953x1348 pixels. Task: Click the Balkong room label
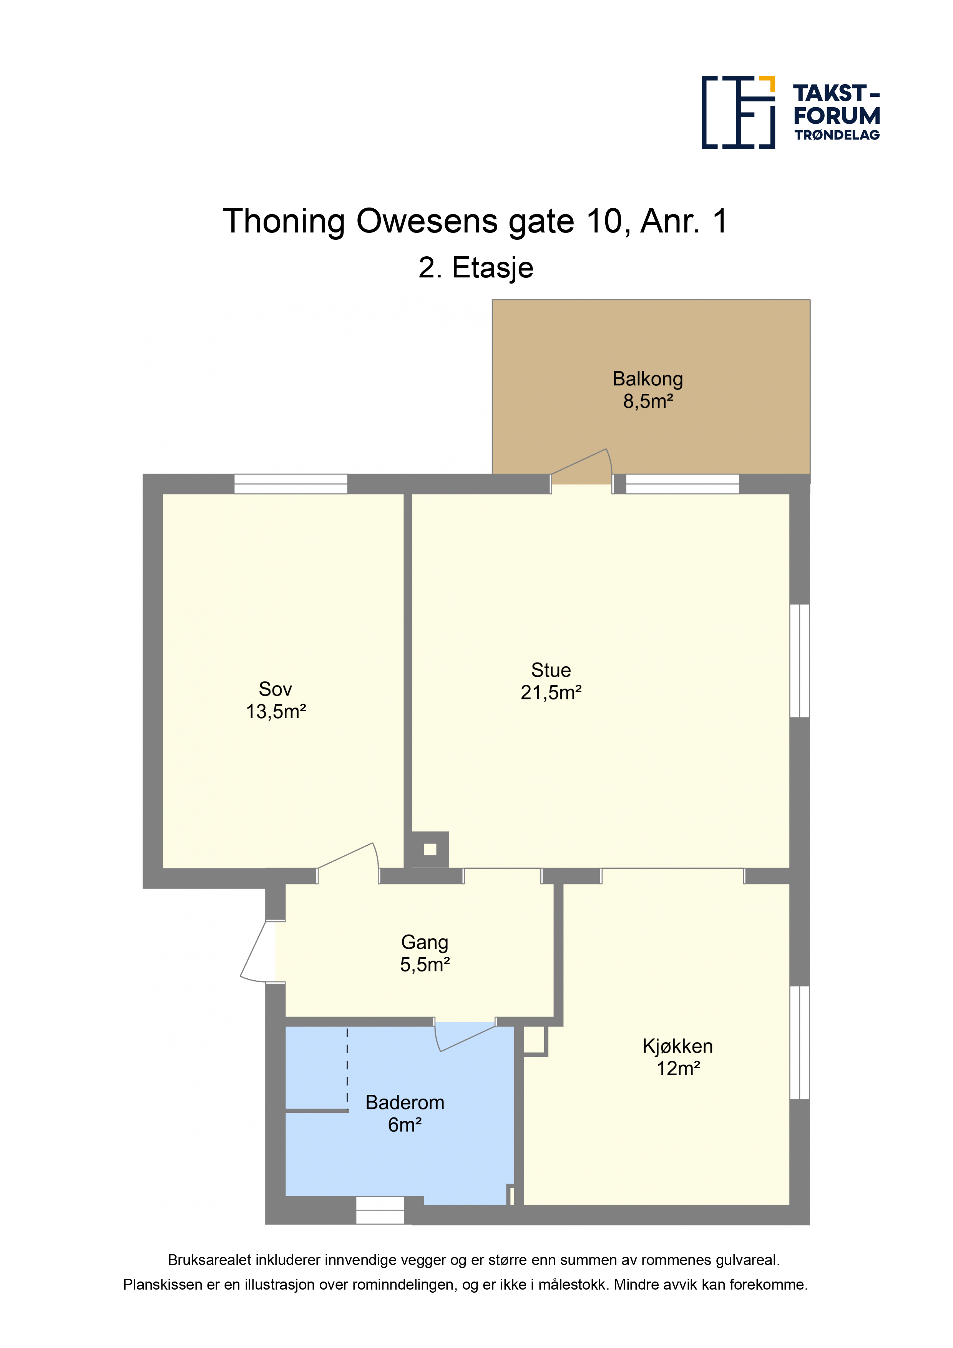coord(648,379)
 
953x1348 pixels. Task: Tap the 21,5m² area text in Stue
coord(551,693)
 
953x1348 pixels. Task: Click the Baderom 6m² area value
coord(405,1125)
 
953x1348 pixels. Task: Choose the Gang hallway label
coord(425,942)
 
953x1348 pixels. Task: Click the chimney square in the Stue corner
coord(430,849)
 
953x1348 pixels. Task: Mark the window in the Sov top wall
coord(291,484)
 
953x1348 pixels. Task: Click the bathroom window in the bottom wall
coord(380,1210)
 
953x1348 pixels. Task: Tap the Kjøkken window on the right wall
coord(800,1042)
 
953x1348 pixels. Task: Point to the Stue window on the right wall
coord(800,661)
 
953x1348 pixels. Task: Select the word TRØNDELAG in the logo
coord(837,135)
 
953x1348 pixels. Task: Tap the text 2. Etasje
coord(476,268)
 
